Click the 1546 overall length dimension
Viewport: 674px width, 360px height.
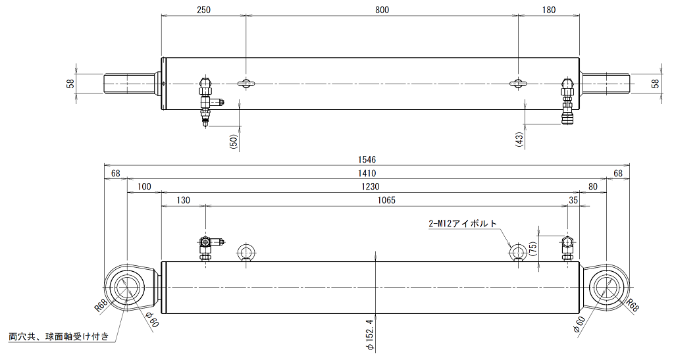coord(367,160)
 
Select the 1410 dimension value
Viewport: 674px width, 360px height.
coord(367,173)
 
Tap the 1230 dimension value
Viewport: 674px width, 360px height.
coord(370,186)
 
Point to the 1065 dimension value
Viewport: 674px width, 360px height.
coord(386,200)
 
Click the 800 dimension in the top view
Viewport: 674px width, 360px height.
coord(382,10)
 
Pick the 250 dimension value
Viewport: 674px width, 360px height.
coord(203,10)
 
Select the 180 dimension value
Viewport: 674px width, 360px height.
coord(549,10)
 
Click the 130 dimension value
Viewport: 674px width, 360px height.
coord(183,200)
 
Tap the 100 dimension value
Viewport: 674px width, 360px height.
coord(144,186)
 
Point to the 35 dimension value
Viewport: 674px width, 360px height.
coord(573,200)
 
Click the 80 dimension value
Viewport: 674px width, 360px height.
coord(593,186)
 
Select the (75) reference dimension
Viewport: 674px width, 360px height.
coord(533,249)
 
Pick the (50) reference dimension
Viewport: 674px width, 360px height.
coord(234,141)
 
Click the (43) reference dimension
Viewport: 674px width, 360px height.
coord(519,140)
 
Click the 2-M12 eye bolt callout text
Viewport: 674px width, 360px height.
coord(463,223)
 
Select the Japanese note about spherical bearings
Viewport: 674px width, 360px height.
coord(59,336)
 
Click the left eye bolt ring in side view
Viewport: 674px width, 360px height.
coord(246,251)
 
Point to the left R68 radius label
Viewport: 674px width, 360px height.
coord(101,306)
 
